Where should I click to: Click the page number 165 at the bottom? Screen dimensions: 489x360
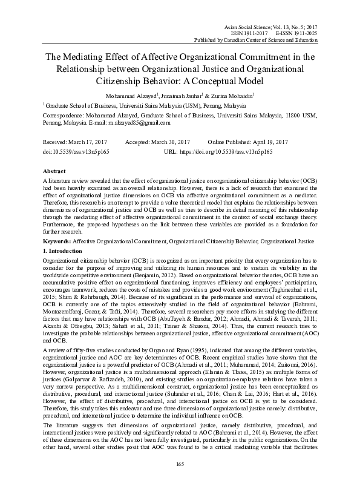click(180, 464)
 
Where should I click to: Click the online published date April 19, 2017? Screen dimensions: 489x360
click(271, 141)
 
